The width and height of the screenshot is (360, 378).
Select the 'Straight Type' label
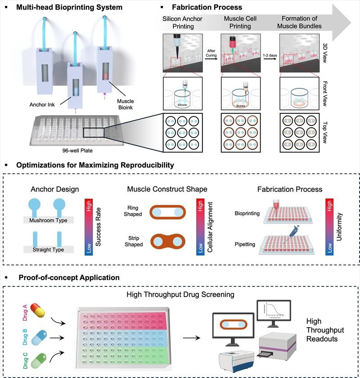pyautogui.click(x=50, y=249)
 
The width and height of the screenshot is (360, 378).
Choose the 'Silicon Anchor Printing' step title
pyautogui.click(x=184, y=22)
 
